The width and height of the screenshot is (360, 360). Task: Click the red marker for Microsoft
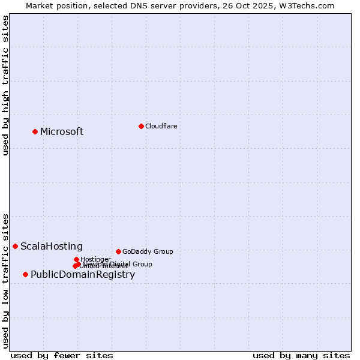(x=35, y=131)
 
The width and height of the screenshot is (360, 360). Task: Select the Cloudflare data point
(x=141, y=126)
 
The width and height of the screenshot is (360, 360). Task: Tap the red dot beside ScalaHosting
(x=15, y=246)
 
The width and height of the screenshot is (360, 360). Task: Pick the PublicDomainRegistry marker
(x=25, y=274)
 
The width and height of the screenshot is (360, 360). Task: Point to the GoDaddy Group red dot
(x=118, y=251)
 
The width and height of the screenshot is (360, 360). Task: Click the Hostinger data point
(x=76, y=259)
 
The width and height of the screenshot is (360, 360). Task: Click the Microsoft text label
(x=62, y=132)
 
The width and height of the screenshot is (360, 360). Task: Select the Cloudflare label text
(x=161, y=126)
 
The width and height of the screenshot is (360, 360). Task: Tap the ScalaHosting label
(x=52, y=247)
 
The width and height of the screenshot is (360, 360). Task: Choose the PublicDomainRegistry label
(x=83, y=275)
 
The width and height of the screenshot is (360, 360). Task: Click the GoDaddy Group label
(x=148, y=252)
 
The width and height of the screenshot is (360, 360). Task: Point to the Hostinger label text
(x=95, y=259)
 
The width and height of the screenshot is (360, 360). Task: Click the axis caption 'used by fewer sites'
(x=62, y=355)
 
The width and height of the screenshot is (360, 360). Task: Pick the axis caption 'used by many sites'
(x=301, y=355)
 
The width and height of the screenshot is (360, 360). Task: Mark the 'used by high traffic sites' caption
(x=5, y=86)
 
